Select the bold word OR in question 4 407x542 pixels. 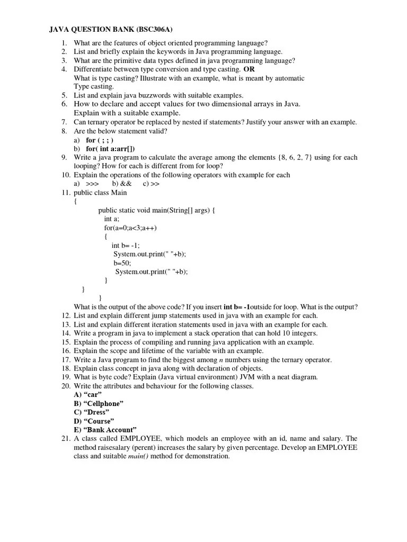[x=249, y=69]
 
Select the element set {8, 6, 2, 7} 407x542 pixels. [x=295, y=158]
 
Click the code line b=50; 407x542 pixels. [x=122, y=263]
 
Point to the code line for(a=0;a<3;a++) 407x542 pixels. [x=130, y=228]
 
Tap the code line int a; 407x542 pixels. [x=112, y=219]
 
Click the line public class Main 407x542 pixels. [x=100, y=193]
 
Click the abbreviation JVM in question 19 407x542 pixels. [x=233, y=377]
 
